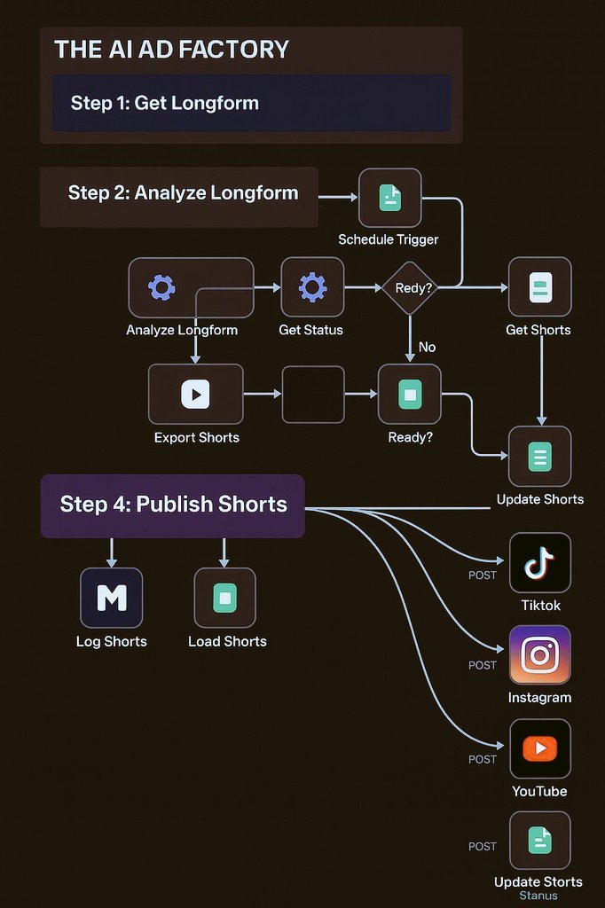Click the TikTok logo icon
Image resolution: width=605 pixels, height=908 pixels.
coord(539,563)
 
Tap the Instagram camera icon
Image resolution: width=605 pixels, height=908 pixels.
coord(539,655)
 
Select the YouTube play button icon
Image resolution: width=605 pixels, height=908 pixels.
coord(539,748)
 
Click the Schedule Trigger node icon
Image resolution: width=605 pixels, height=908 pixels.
coord(389,198)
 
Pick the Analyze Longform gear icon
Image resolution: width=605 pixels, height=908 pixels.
coord(161,287)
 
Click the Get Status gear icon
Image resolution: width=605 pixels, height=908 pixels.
coord(312,287)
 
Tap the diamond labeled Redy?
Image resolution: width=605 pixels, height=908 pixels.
coord(410,287)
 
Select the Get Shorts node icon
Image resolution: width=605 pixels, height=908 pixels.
coord(539,287)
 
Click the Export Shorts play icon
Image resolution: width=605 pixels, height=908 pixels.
coord(195,394)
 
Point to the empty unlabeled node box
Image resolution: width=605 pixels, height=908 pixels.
coord(313,394)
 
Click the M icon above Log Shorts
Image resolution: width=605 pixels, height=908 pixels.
coord(111,598)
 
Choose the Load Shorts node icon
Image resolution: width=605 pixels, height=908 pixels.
coord(224,598)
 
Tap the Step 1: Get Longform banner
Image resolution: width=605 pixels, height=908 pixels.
coord(251,103)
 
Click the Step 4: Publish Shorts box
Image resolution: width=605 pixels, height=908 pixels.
coord(173,505)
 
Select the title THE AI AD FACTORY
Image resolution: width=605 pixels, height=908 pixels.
coord(171,50)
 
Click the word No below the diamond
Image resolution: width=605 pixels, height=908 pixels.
coord(427,347)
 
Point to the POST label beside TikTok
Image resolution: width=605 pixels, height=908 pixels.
coord(483,575)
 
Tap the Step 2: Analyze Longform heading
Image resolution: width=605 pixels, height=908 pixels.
coord(183,192)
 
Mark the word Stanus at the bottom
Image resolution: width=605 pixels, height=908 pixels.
coord(538,896)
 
